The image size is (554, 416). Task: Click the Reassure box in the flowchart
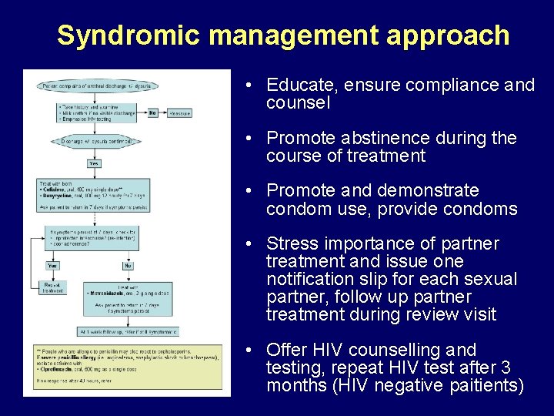pos(179,112)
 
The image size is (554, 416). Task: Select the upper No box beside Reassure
pos(152,112)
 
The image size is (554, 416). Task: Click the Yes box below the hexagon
pos(94,163)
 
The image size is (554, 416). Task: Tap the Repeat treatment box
pos(52,287)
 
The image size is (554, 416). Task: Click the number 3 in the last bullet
pos(508,367)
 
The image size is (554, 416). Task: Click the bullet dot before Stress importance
pos(252,244)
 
